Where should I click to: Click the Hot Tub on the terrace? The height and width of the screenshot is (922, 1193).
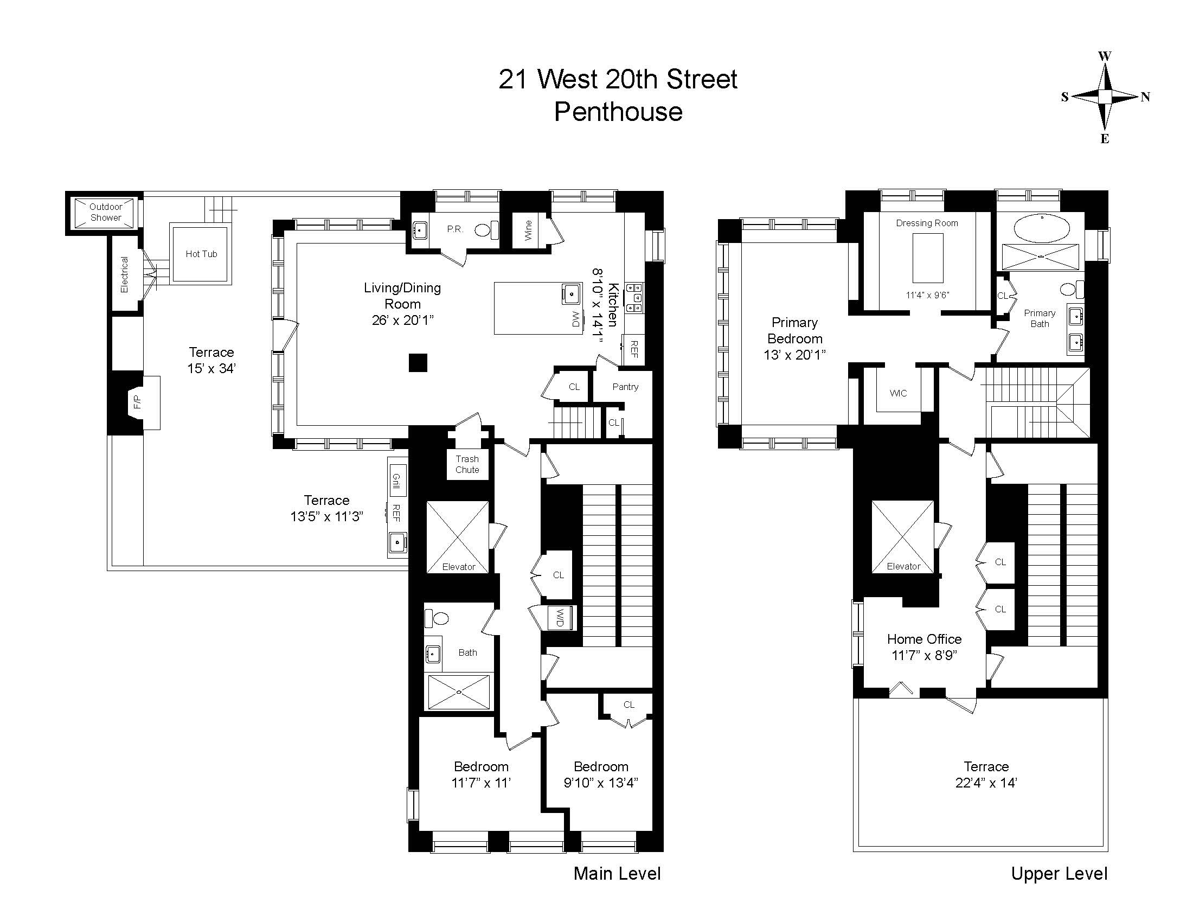click(201, 254)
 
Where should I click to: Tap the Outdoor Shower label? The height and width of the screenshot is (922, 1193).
click(105, 212)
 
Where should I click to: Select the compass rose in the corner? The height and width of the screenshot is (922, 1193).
click(1105, 97)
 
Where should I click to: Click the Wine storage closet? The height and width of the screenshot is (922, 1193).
click(528, 230)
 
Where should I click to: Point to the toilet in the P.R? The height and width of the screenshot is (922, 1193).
click(483, 230)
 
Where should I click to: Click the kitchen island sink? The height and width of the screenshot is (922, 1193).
click(572, 294)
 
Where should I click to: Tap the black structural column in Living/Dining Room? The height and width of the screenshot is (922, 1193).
click(418, 363)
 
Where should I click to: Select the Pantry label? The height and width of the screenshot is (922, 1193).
click(625, 387)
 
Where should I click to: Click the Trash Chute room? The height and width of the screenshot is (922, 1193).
click(467, 464)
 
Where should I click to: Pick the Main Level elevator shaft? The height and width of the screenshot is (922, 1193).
click(458, 536)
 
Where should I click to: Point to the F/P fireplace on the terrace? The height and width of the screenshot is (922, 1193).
click(137, 402)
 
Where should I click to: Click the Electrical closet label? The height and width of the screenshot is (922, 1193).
click(125, 274)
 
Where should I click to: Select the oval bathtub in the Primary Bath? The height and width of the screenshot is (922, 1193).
click(1042, 228)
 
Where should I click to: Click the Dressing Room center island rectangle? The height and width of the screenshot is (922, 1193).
click(927, 257)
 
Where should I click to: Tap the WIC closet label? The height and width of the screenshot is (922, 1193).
click(898, 393)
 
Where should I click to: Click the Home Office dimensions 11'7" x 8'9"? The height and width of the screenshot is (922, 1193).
click(923, 656)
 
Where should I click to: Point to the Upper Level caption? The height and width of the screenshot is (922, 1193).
click(1059, 873)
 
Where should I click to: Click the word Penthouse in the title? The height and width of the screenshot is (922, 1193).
click(618, 112)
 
